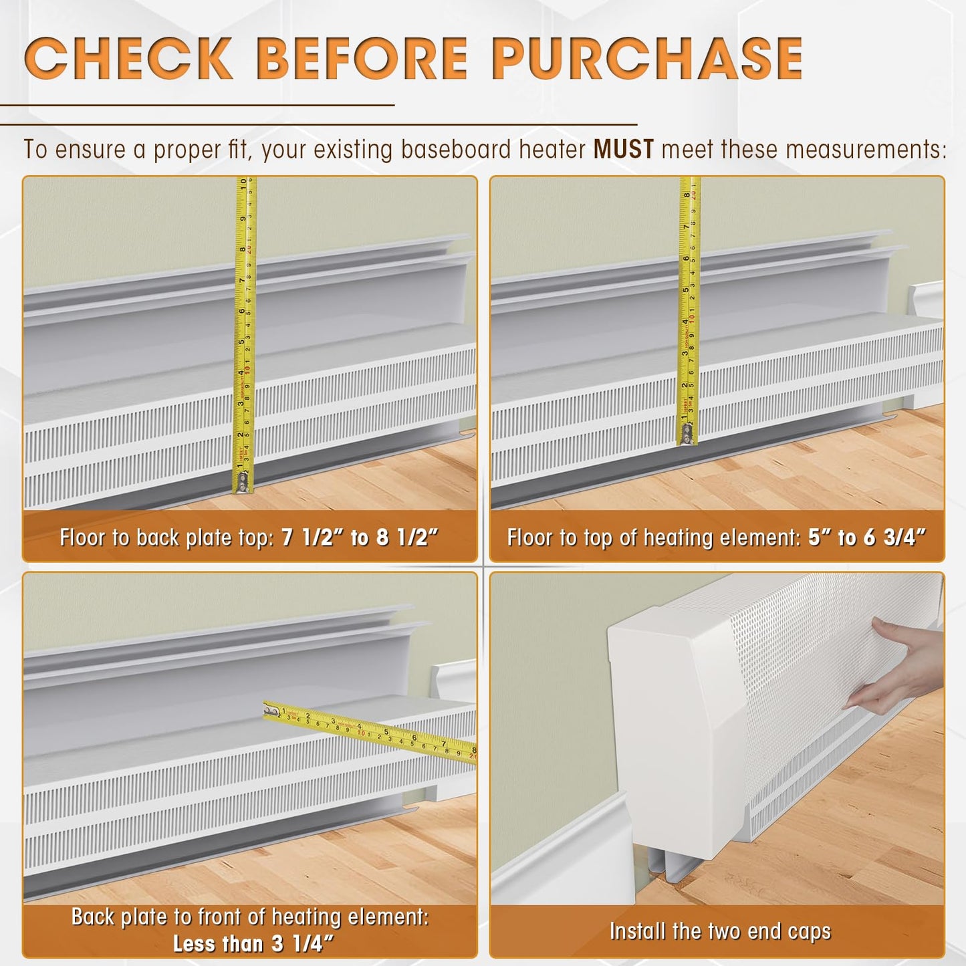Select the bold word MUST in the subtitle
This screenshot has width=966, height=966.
623,149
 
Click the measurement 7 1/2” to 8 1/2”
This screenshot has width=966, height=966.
360,537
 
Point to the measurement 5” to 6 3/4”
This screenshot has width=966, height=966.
866,537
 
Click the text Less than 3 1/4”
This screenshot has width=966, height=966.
249,943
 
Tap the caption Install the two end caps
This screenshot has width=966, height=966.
720,931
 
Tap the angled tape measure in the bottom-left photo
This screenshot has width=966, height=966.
374,732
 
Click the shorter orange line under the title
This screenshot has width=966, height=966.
197,105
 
